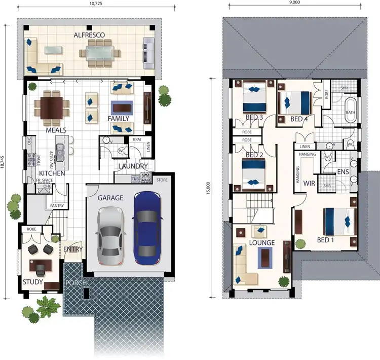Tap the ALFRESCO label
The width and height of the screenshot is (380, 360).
pyautogui.click(x=89, y=35)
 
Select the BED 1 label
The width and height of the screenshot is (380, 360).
pyautogui.click(x=325, y=239)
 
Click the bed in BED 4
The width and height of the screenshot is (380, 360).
pyautogui.click(x=296, y=101)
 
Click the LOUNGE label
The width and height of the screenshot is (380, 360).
pyautogui.click(x=262, y=243)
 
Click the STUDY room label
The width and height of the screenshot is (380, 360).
pyautogui.click(x=32, y=282)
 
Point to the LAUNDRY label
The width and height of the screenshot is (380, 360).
pyautogui.click(x=133, y=166)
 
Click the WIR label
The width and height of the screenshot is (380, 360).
pyautogui.click(x=309, y=184)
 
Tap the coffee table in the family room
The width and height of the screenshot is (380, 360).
pyautogui.click(x=122, y=107)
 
